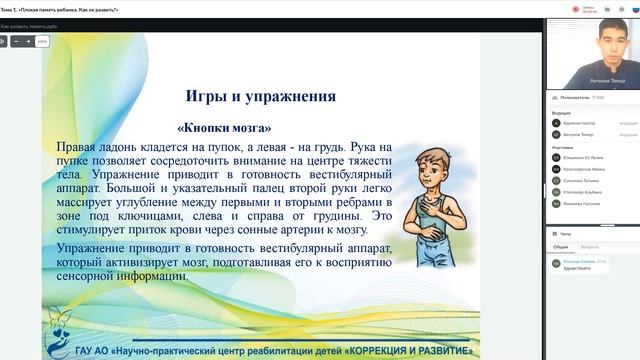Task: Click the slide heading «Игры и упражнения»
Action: [260, 97]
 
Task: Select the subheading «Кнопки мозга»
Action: [224, 128]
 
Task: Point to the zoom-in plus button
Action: [28, 42]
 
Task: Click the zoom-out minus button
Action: [16, 42]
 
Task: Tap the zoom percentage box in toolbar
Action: [42, 42]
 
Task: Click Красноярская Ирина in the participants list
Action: [582, 169]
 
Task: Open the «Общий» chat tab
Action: [561, 246]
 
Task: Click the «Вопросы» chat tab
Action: [589, 246]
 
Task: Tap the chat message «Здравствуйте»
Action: [576, 268]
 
